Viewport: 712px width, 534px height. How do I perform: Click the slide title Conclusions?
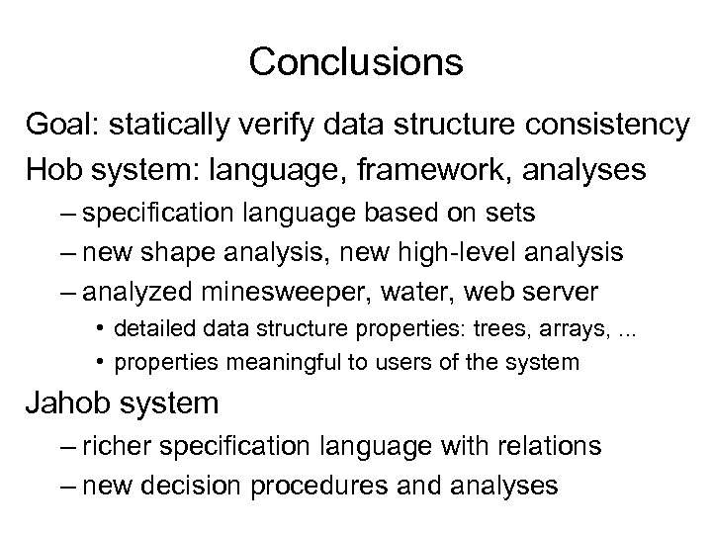click(356, 62)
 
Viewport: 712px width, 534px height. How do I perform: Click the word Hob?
click(56, 170)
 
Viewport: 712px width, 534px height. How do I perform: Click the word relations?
click(543, 447)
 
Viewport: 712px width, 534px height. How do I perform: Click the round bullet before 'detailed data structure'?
click(103, 327)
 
